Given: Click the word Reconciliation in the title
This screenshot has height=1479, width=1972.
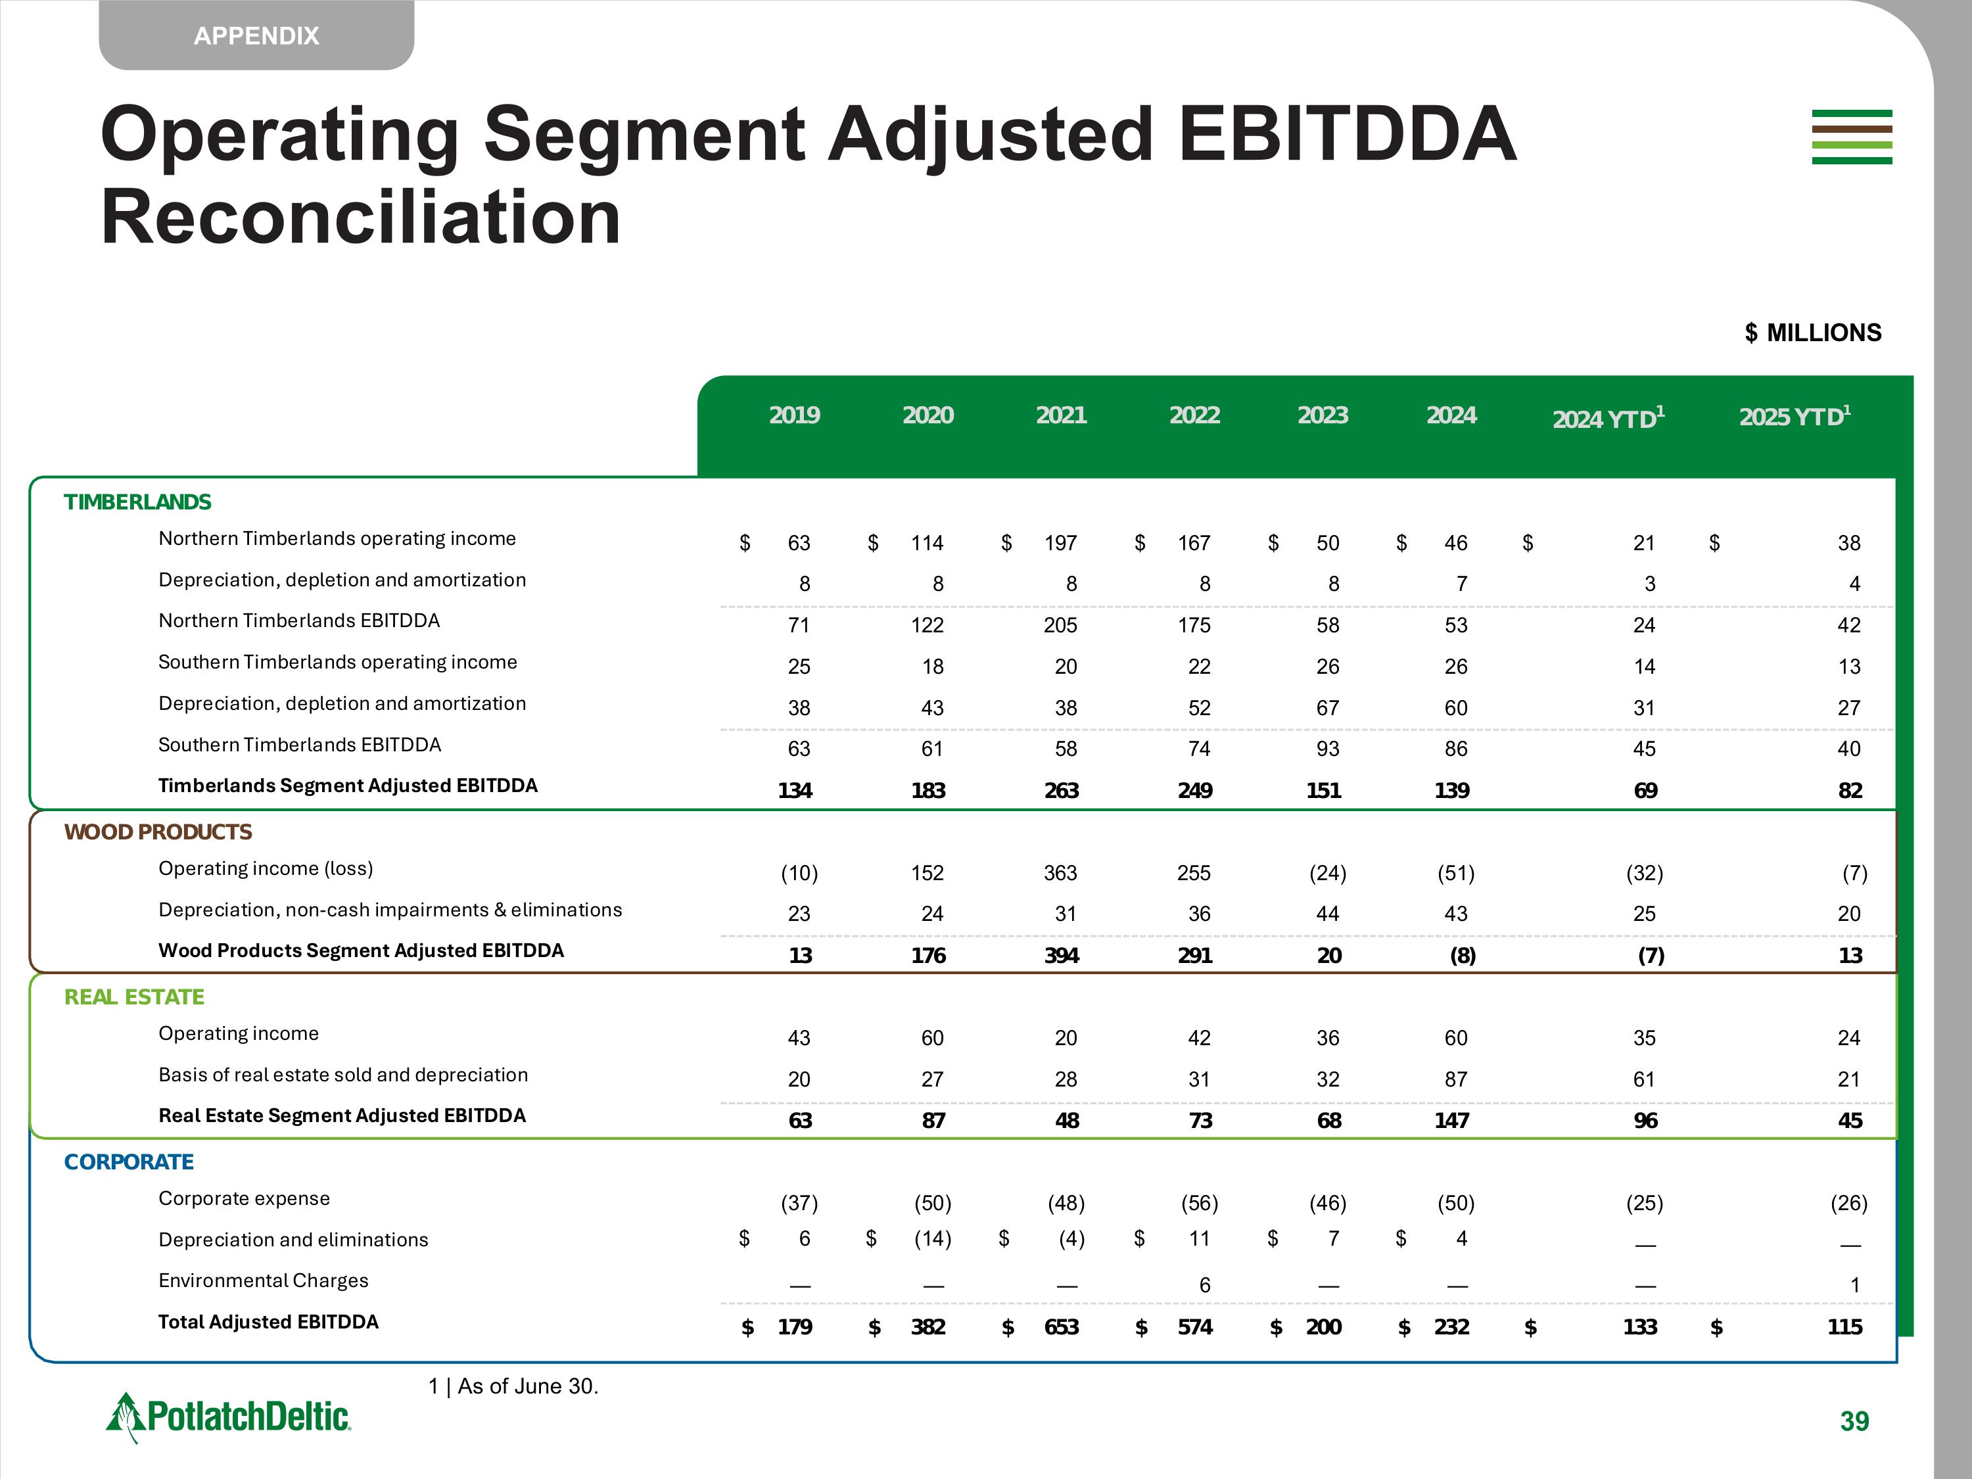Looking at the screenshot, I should point(360,218).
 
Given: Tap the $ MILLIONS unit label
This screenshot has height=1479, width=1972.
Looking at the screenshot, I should point(1812,333).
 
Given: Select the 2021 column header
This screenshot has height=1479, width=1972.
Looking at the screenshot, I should point(1061,415).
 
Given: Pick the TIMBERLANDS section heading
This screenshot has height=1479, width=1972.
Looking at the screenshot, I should point(137,502).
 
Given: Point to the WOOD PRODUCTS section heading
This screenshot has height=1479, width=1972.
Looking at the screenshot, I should point(158,832).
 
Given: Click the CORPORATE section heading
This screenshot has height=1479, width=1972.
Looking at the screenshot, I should point(128,1162).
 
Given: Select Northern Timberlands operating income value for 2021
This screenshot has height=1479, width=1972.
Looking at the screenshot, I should point(1060,543).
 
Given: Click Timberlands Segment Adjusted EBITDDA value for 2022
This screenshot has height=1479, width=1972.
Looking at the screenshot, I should point(1194,790).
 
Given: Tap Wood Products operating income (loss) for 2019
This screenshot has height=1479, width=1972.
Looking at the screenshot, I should point(799,873).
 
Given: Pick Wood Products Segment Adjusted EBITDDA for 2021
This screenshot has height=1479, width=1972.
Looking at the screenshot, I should point(1061,955).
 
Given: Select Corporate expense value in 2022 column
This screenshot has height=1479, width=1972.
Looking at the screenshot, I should point(1199,1203).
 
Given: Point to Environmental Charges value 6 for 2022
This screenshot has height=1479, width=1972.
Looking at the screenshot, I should point(1204,1284).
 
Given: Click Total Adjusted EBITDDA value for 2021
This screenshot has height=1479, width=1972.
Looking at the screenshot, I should point(1061,1326).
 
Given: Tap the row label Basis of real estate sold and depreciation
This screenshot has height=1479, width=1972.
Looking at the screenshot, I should point(342,1074).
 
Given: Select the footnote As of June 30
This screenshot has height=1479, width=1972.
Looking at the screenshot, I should point(513,1386).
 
